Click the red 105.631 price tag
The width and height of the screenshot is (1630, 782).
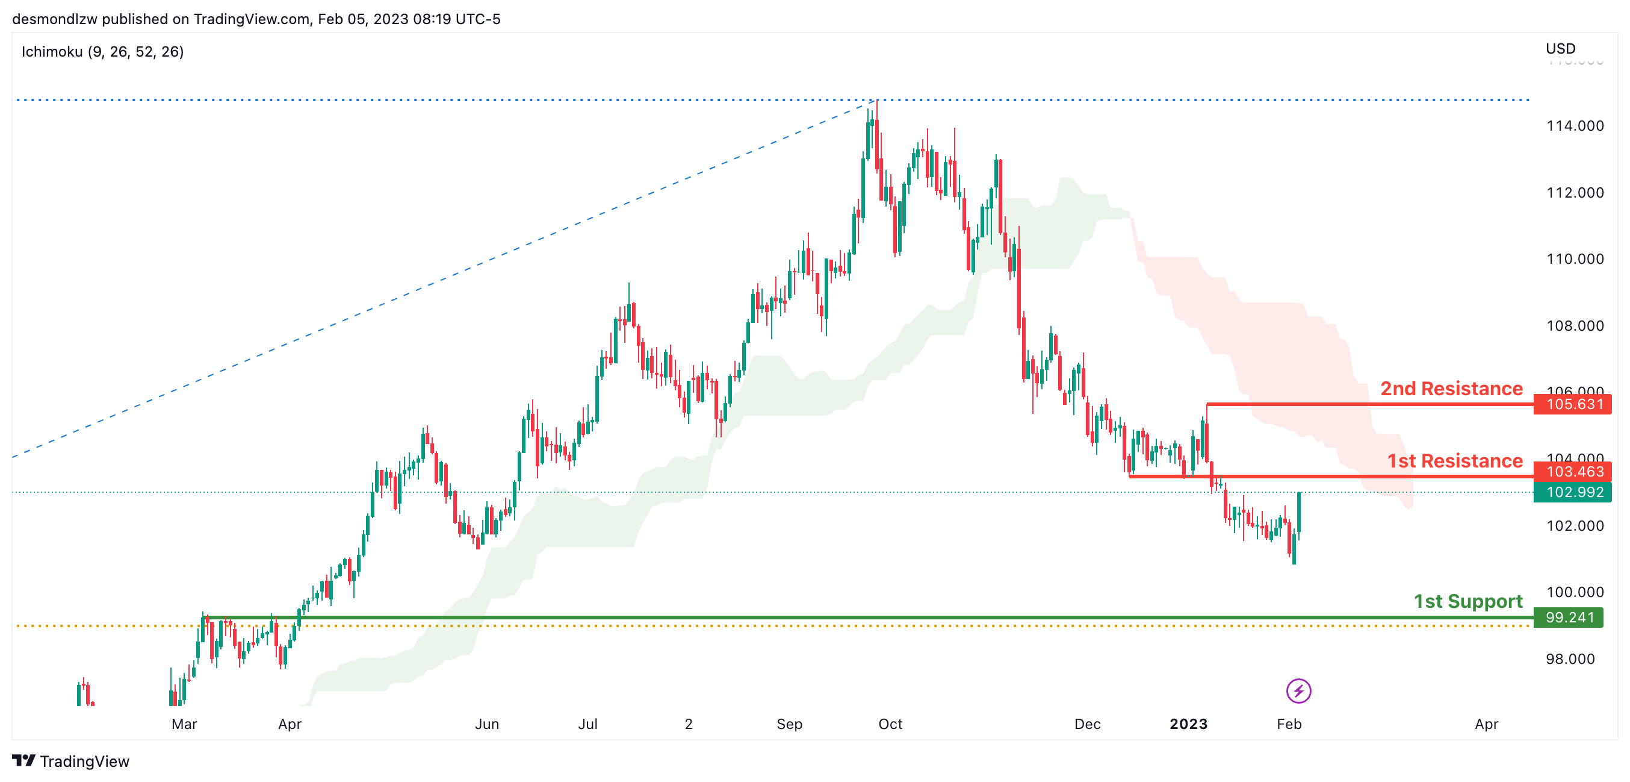pos(1573,404)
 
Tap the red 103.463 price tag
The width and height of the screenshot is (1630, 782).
pos(1573,472)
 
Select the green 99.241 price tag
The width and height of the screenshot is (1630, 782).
pos(1569,618)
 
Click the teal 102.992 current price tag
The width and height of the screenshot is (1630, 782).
pos(1573,492)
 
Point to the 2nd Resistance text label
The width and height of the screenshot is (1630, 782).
pos(1451,388)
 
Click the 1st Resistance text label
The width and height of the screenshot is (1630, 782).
pos(1454,461)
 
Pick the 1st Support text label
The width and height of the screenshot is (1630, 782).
pos(1467,601)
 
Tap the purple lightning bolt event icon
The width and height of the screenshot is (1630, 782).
pos(1298,691)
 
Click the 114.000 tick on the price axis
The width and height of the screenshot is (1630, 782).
pos(1574,126)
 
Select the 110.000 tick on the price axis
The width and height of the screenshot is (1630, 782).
pos(1574,259)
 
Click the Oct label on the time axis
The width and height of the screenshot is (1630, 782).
pos(890,724)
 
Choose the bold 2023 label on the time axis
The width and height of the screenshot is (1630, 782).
pos(1188,724)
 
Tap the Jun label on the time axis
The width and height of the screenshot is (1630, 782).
pos(486,724)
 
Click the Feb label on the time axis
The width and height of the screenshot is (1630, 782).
pos(1288,724)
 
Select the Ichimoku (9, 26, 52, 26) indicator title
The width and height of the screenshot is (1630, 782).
pos(102,52)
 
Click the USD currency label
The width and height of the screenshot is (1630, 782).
pos(1560,49)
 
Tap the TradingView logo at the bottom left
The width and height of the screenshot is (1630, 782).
pos(71,761)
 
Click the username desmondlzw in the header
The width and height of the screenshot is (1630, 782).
pos(54,19)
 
